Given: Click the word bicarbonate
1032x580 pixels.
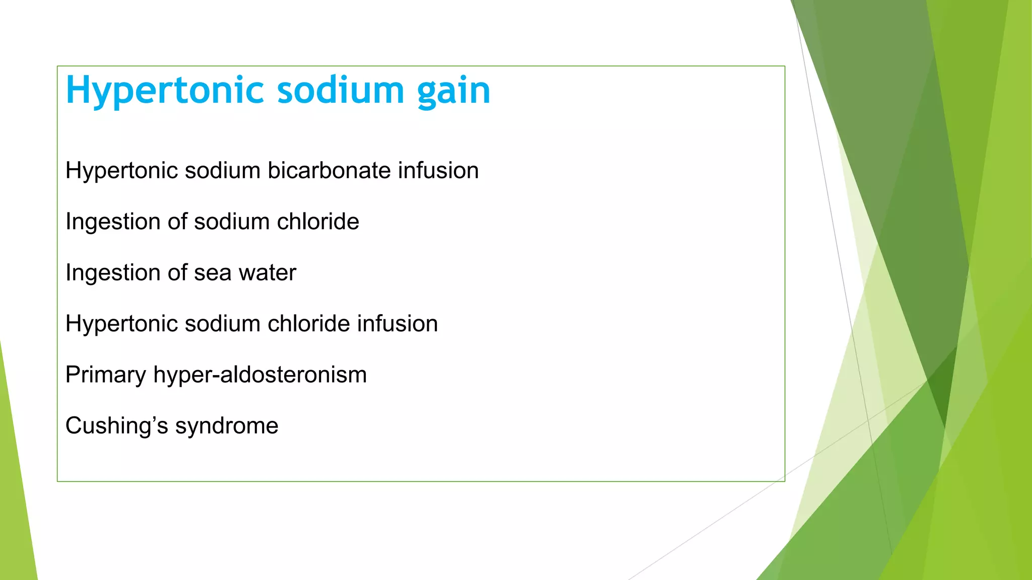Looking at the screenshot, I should (x=330, y=170).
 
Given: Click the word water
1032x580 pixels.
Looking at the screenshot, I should (x=267, y=273).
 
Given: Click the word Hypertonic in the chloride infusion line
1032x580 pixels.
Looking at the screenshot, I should (x=121, y=324).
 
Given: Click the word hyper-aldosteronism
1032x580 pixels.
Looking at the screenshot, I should (x=260, y=375).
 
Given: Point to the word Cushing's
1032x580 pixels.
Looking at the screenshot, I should (x=117, y=426).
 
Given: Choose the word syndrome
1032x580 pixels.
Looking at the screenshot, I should (x=226, y=426).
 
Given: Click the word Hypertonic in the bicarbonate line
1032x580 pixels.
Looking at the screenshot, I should (x=121, y=170).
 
